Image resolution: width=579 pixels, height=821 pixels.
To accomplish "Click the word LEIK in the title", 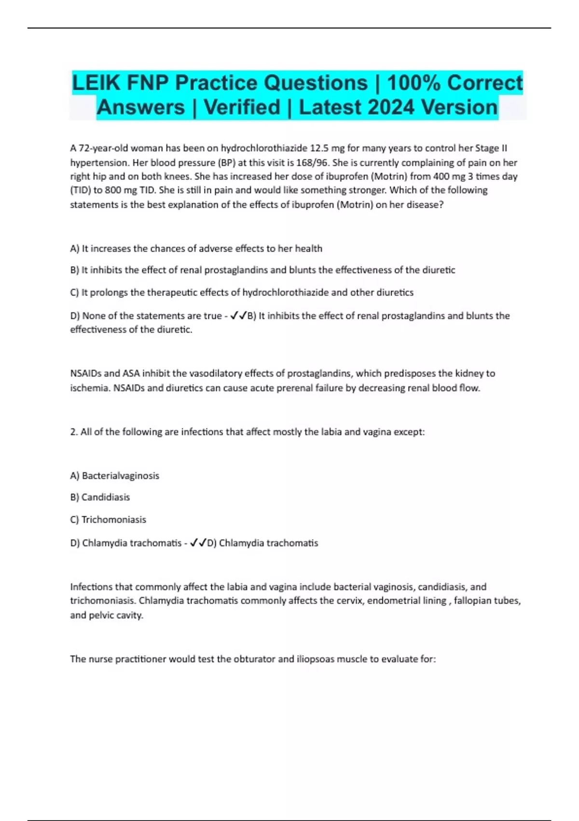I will [96, 83].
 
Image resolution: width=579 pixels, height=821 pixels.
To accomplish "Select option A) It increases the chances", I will [196, 249].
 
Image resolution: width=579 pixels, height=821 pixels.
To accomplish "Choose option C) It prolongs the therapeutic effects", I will [241, 293].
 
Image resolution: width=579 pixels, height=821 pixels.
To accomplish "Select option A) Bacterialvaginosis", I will [114, 476].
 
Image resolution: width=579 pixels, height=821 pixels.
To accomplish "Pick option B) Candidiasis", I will [100, 497].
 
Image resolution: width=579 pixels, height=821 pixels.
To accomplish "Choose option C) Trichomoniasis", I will [108, 520].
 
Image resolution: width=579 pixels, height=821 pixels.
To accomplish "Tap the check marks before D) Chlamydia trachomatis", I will [198, 543].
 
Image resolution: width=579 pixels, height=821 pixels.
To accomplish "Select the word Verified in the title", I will [242, 107].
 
